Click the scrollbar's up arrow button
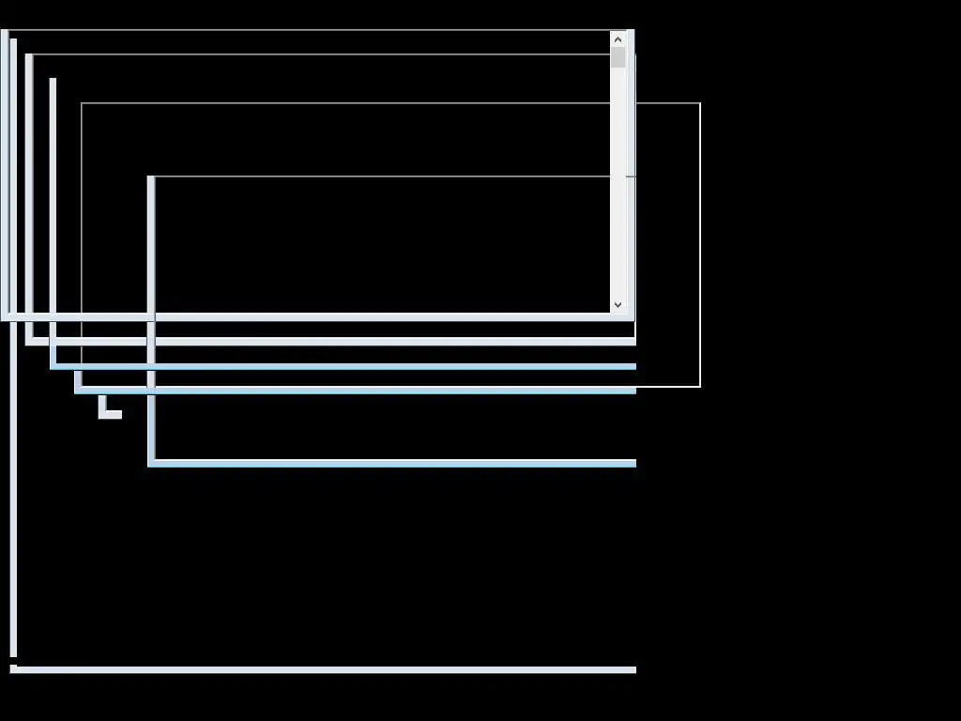tap(618, 39)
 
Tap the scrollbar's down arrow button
tap(618, 304)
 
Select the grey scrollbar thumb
tap(618, 57)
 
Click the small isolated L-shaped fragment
tap(106, 411)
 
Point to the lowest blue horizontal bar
tap(394, 463)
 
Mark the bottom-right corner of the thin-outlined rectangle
tap(700, 386)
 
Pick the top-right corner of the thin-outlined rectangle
tap(700, 103)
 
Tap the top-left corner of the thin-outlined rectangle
tap(82, 103)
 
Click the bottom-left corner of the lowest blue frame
tap(151, 463)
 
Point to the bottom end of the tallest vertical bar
tap(13, 654)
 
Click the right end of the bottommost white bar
tap(634, 669)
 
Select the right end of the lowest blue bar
tap(634, 463)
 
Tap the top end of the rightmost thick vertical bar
tap(151, 178)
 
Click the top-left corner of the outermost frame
tap(5, 32)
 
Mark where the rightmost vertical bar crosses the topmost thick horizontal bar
tap(151, 317)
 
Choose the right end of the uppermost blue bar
tap(634, 366)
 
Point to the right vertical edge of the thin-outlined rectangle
tap(700, 244)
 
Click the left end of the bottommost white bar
tap(13, 669)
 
